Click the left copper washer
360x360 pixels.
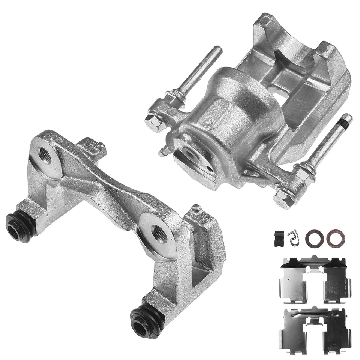coord(312,239)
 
